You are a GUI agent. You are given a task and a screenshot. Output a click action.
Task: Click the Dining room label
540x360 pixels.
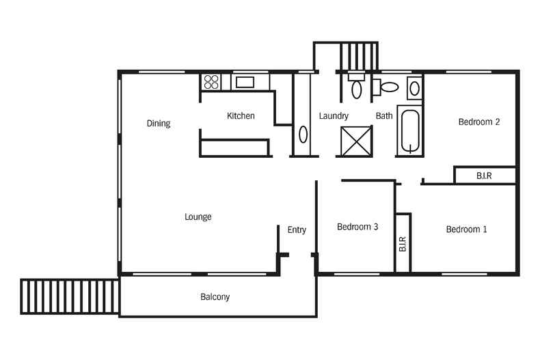click(x=159, y=123)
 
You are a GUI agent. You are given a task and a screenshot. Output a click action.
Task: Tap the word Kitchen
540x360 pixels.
click(x=241, y=115)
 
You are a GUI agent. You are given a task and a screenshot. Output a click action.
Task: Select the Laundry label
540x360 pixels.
click(x=334, y=116)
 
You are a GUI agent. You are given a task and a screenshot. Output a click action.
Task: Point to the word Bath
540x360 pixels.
click(x=384, y=115)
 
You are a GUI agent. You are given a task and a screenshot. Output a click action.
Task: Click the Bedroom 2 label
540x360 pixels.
click(x=479, y=122)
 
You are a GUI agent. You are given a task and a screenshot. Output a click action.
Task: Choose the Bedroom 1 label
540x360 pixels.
click(x=466, y=230)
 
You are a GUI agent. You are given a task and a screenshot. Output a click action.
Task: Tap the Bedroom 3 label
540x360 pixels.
click(x=357, y=227)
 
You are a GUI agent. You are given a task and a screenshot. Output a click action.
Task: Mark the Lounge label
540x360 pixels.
click(x=198, y=217)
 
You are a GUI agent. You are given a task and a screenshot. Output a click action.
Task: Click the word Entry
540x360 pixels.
click(x=297, y=230)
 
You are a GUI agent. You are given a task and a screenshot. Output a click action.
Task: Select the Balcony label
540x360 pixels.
click(x=215, y=296)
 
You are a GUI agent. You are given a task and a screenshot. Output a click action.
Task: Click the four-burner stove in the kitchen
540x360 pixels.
click(x=211, y=82)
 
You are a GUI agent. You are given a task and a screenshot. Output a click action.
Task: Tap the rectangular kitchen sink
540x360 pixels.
click(x=245, y=82)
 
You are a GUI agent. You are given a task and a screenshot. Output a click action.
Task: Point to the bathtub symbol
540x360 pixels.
click(x=410, y=130)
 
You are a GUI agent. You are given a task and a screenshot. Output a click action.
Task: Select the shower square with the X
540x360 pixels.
click(x=356, y=141)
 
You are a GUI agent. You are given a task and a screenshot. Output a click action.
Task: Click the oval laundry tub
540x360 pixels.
click(x=303, y=134)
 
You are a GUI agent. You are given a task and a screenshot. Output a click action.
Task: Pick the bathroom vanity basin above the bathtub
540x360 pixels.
click(x=414, y=88)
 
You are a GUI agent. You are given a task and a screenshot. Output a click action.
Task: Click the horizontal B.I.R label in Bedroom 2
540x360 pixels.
click(x=484, y=176)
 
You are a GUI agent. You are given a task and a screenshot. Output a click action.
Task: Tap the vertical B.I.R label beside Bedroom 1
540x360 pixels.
click(x=403, y=244)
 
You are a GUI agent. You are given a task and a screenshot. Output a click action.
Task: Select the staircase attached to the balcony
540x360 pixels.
click(x=70, y=296)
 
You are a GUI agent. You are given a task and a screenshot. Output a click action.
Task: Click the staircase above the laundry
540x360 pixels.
click(x=359, y=57)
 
